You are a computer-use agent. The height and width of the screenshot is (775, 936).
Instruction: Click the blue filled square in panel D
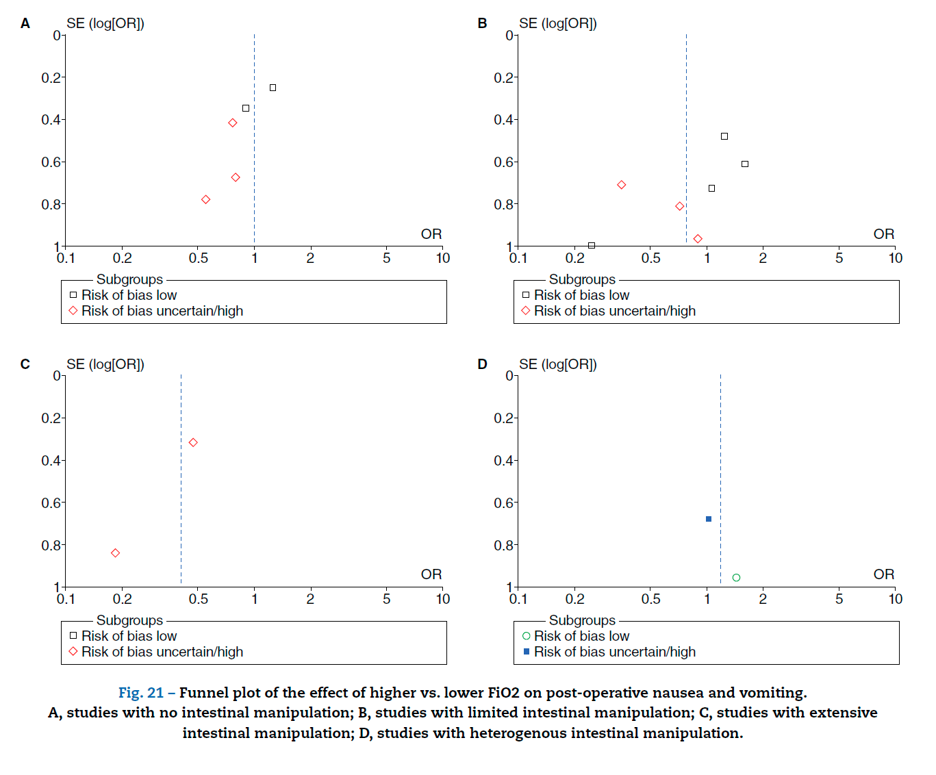tap(709, 519)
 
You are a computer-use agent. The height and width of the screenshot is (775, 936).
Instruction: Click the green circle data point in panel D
tap(736, 578)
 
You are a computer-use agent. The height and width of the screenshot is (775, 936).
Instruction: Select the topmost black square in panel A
tap(273, 88)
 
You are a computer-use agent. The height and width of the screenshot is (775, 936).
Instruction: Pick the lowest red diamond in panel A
tap(205, 200)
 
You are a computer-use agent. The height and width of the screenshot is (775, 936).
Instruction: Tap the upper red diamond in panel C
tap(193, 443)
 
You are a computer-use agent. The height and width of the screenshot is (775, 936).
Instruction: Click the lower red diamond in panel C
tap(115, 553)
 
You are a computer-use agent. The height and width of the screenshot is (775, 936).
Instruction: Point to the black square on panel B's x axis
tap(592, 245)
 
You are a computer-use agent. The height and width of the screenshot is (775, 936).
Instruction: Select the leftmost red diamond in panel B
tap(621, 185)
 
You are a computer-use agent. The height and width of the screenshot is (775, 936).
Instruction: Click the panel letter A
tap(25, 24)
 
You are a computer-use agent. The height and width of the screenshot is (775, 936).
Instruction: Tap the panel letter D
tap(482, 364)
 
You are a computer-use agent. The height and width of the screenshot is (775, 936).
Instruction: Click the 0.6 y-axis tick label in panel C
tap(51, 503)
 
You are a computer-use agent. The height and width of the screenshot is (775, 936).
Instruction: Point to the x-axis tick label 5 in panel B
tap(839, 258)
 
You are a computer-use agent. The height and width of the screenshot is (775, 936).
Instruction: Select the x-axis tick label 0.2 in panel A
tap(122, 258)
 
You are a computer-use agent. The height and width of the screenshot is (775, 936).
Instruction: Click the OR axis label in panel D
tap(883, 574)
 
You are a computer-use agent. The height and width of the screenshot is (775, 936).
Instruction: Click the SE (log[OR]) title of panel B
tap(557, 24)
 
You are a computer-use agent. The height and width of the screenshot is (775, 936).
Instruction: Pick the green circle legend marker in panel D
tap(526, 636)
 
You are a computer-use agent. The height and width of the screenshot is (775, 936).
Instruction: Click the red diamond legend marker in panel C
tap(73, 652)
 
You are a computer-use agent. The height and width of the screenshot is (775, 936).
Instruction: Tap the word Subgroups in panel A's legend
tap(129, 279)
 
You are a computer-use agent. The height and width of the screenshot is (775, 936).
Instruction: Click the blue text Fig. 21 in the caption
tap(140, 693)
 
